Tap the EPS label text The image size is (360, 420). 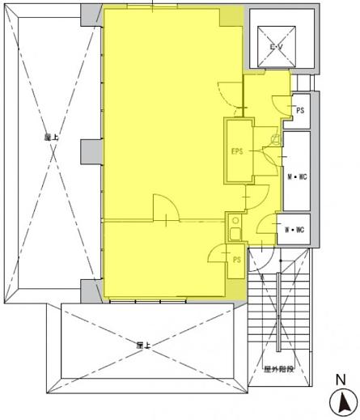(237, 151)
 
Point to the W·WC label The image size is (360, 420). (293, 230)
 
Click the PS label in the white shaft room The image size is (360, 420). (299, 110)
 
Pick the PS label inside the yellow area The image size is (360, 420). (236, 260)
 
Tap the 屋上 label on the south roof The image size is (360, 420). (144, 346)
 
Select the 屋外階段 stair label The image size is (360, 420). (277, 369)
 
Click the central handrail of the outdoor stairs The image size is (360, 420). (279, 312)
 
